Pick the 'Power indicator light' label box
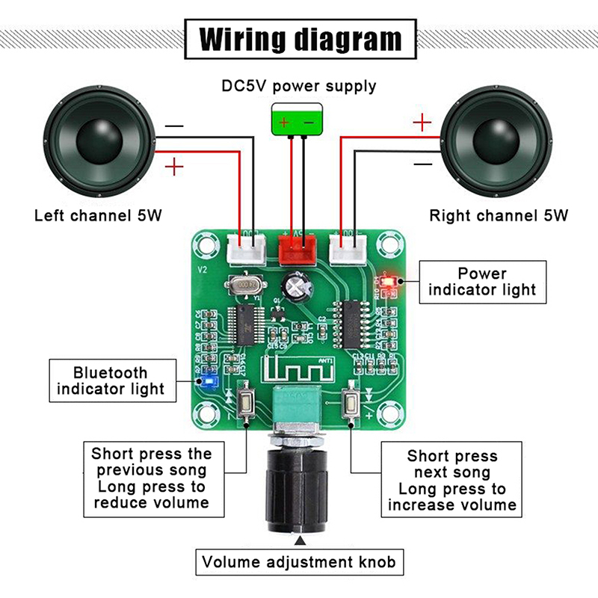(x=482, y=281)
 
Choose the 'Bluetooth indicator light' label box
(x=110, y=380)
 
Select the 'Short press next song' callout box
(x=451, y=480)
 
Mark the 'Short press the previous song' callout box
(x=152, y=478)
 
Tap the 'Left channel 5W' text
(x=98, y=216)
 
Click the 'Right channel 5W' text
(x=499, y=216)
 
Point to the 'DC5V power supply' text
(x=299, y=86)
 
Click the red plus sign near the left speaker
(x=173, y=166)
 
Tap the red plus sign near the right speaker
(x=422, y=122)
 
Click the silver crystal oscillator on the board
(x=242, y=285)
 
